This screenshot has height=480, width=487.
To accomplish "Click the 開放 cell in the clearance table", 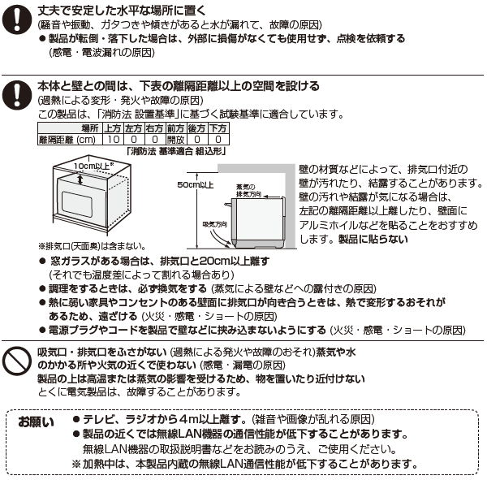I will coord(176,139).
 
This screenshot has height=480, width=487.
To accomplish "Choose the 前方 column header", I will coord(176,128).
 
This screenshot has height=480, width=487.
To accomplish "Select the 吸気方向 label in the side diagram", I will coord(211,222).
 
